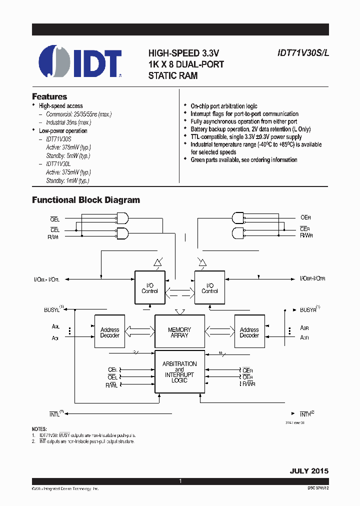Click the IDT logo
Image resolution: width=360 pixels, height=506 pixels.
click(x=80, y=62)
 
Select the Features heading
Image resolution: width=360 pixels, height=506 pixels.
click(x=49, y=96)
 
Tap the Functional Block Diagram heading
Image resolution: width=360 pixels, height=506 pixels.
click(x=86, y=200)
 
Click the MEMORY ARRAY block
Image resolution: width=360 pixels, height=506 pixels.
click(x=179, y=332)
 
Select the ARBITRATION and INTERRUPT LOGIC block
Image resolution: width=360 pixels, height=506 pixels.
click(x=179, y=372)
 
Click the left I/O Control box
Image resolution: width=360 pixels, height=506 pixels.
click(x=149, y=287)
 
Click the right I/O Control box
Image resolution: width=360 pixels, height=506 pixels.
click(x=209, y=287)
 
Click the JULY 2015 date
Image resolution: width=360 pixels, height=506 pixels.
click(x=309, y=471)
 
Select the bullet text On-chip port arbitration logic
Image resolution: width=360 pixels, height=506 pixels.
click(x=223, y=106)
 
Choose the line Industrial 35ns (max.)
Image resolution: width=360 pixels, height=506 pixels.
click(x=68, y=122)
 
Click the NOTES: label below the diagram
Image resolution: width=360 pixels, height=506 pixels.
click(x=39, y=429)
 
